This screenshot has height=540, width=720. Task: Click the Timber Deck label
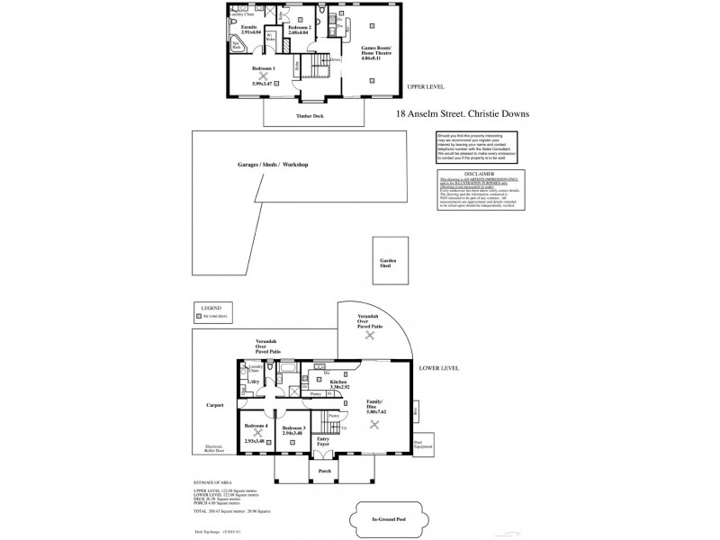[309, 116]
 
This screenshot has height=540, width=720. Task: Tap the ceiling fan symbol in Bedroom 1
[264, 76]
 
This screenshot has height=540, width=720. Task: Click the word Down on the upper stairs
[335, 59]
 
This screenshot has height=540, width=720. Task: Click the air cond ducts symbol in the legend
[199, 317]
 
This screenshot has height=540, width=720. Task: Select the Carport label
[214, 405]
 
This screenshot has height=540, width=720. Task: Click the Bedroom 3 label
[293, 427]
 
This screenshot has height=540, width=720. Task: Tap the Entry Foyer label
[324, 440]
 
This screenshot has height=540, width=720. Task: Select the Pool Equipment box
[423, 443]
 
